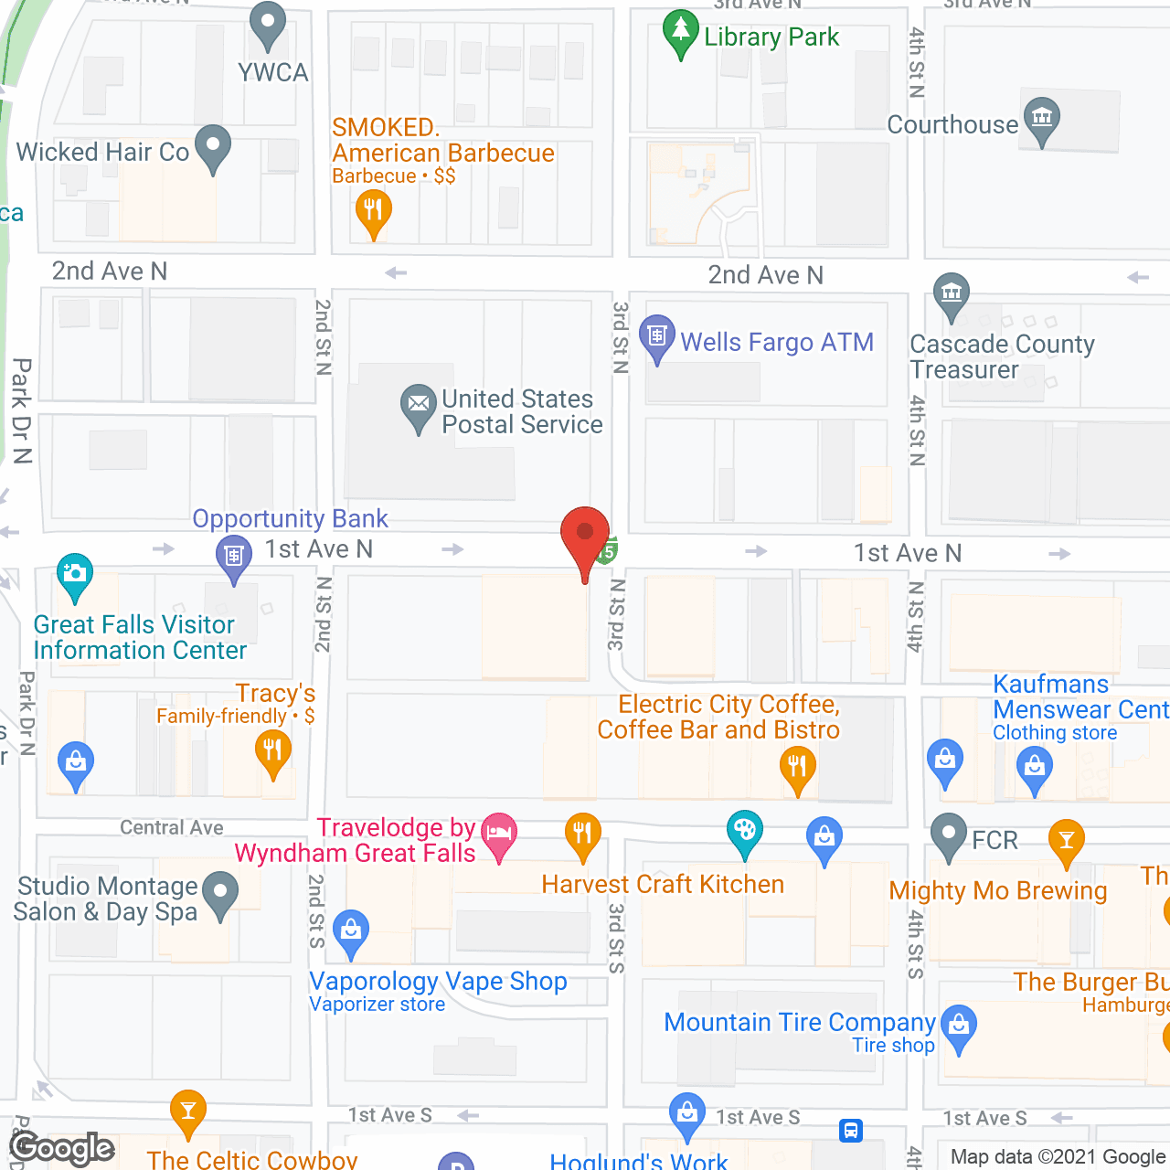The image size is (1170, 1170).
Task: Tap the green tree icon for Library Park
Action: (680, 31)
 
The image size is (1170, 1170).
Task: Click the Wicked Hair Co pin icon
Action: (213, 145)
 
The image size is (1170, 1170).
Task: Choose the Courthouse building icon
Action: (1041, 118)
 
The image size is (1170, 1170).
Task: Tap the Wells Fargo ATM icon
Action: (656, 335)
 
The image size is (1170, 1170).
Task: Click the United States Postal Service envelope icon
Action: (418, 403)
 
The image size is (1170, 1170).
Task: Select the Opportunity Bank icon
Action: (234, 555)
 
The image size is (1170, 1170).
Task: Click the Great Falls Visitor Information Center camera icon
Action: (74, 573)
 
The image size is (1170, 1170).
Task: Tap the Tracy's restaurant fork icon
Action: (272, 752)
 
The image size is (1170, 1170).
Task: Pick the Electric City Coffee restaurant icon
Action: (797, 765)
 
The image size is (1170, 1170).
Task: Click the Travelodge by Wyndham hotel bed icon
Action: (499, 833)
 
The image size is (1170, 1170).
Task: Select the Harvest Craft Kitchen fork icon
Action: (582, 833)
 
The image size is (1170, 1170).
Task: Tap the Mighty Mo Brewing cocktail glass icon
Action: (1066, 838)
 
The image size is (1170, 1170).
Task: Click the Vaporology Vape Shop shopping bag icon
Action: (350, 930)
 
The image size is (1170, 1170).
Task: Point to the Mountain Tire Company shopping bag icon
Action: (958, 1026)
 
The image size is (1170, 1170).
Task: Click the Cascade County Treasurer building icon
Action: (952, 293)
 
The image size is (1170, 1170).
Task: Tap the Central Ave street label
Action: (172, 827)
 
